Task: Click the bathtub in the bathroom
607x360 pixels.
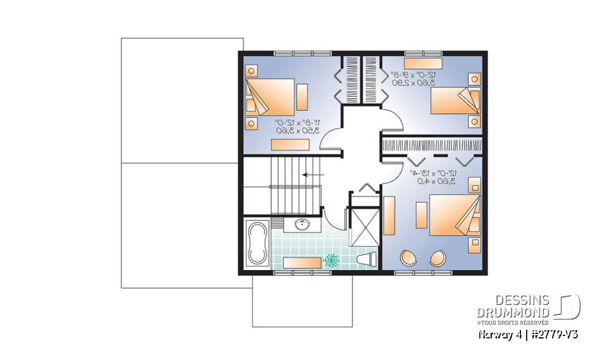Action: tap(258, 243)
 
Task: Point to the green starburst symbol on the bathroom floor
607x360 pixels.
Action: tap(331, 259)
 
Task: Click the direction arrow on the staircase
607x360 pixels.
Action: tap(313, 174)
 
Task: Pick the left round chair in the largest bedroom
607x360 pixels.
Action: tap(408, 258)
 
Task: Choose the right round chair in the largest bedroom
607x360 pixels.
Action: tap(438, 258)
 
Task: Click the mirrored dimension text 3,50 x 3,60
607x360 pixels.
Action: tap(297, 130)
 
